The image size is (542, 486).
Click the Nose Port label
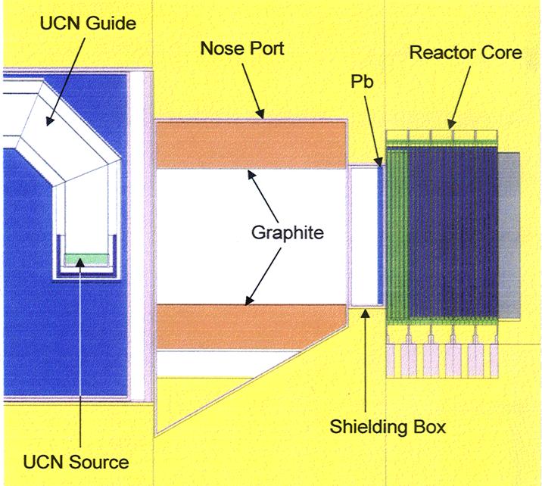click(x=241, y=48)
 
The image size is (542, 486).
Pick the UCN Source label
click(x=73, y=461)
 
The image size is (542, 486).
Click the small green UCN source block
click(x=83, y=259)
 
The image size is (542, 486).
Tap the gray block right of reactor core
click(x=509, y=235)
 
